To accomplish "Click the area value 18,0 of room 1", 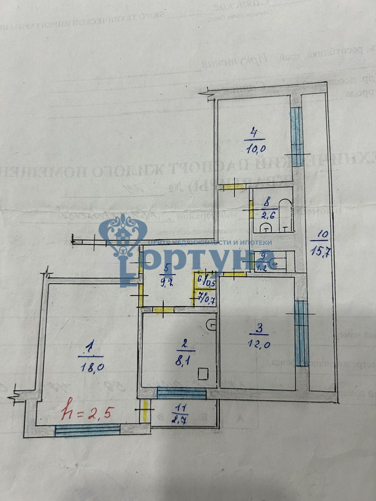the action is (x=92, y=367).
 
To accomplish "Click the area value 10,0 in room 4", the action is (x=256, y=148).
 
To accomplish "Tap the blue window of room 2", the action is (x=181, y=393).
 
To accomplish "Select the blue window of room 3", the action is (x=302, y=333).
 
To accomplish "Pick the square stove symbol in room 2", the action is (x=203, y=374).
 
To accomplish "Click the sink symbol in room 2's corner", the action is (x=211, y=324).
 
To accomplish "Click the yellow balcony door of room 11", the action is (x=145, y=411).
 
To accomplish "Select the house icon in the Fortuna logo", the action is (x=123, y=233).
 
